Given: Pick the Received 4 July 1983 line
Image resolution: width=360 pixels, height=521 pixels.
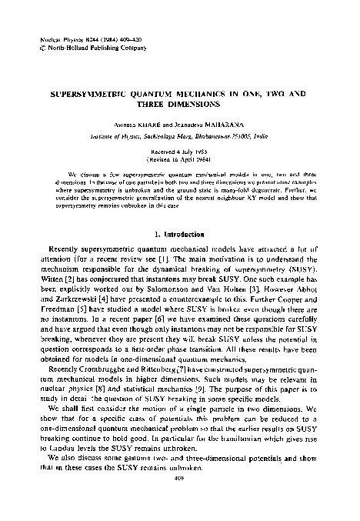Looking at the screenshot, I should pyautogui.click(x=179, y=153).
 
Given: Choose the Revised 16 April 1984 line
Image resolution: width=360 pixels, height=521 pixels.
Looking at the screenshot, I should pyautogui.click(x=179, y=162).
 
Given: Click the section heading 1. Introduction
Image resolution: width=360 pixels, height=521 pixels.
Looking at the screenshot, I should pyautogui.click(x=180, y=233).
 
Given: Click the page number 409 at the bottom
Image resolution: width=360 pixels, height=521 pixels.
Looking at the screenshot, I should pyautogui.click(x=180, y=496).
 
